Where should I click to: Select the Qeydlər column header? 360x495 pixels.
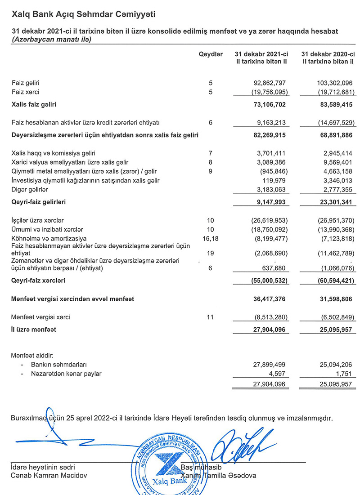[211, 54]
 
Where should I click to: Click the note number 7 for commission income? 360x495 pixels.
[210, 153]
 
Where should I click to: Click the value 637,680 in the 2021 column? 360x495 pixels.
[273, 268]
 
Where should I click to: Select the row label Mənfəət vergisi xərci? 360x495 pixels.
[40, 317]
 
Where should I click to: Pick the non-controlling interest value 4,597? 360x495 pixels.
[277, 374]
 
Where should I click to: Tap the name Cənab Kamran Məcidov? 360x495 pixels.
[42, 475]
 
